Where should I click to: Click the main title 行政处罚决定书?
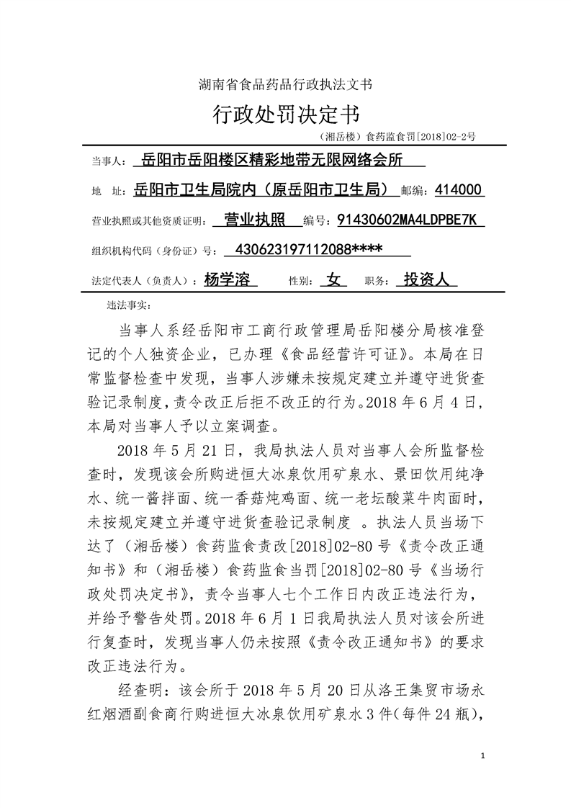(x=285, y=114)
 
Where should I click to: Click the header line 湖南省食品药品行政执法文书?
(x=285, y=84)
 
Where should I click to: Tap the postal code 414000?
(x=460, y=190)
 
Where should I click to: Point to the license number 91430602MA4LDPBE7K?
(x=411, y=219)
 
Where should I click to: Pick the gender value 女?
(x=333, y=279)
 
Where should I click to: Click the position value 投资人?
(x=426, y=279)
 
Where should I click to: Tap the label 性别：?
(x=302, y=281)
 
